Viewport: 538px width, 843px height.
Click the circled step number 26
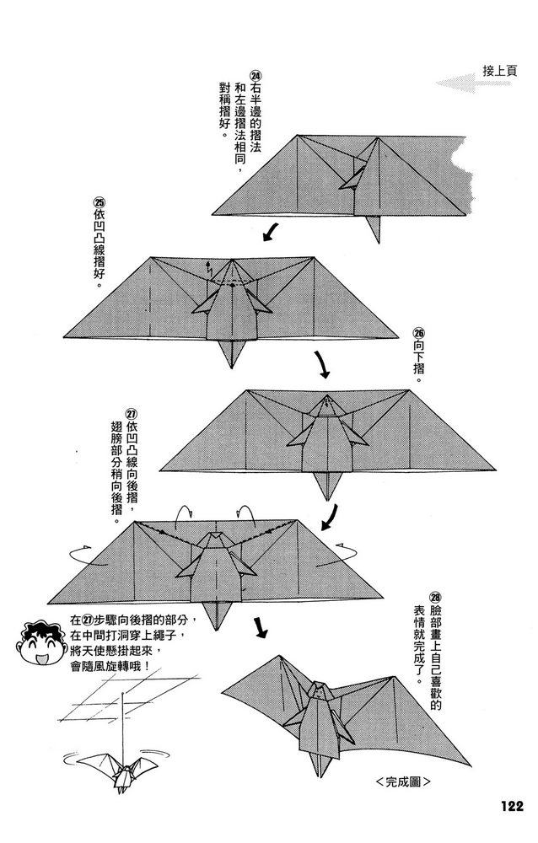[419, 333]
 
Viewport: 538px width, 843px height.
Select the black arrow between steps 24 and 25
[271, 230]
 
